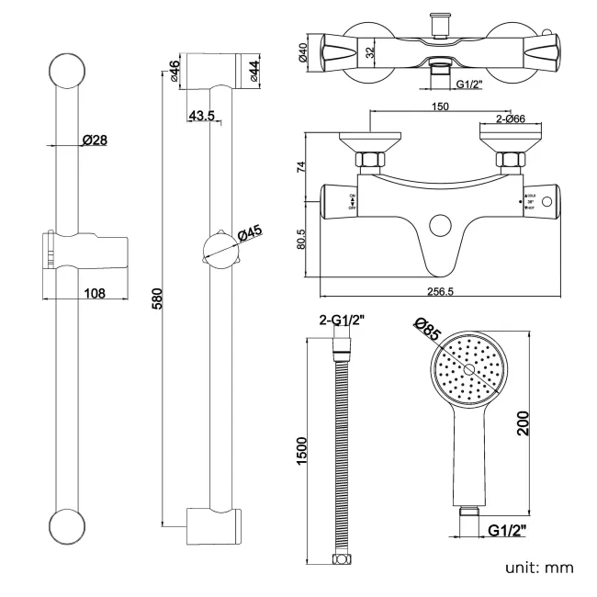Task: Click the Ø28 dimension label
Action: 95,141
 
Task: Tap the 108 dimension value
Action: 93,293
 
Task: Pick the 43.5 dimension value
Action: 200,117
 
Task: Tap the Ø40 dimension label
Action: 303,53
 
